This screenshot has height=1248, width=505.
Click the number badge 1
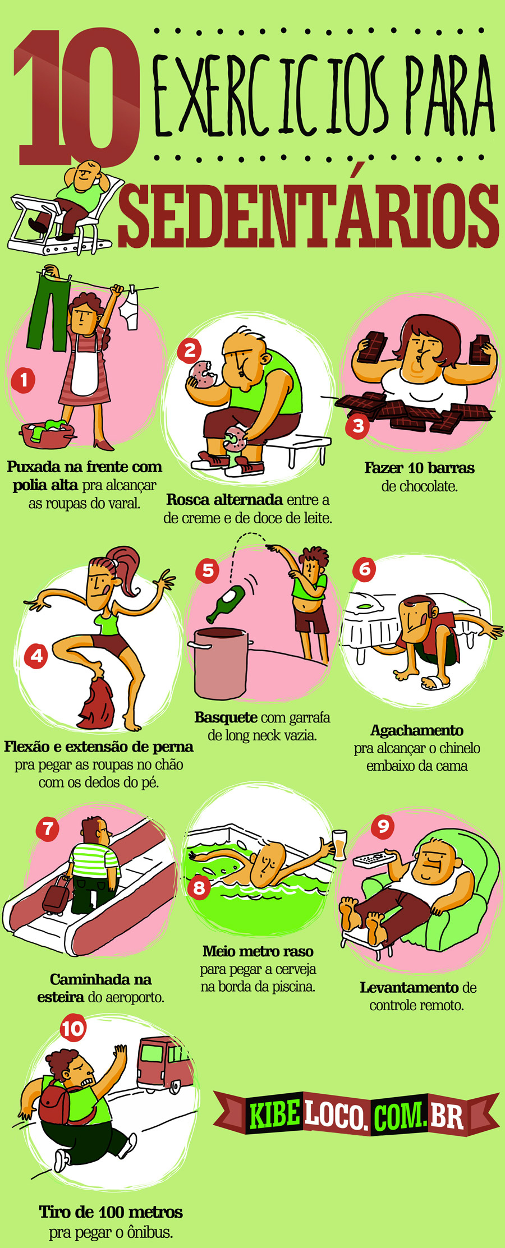[24, 380]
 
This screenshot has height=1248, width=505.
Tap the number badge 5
[208, 570]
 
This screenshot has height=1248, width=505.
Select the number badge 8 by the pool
[199, 887]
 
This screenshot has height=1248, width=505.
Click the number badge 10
[72, 1029]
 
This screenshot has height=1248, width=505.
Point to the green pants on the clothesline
[49, 311]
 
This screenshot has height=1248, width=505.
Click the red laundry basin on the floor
[48, 435]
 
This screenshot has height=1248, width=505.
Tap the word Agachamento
[417, 730]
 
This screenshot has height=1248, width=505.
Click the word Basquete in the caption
[226, 717]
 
